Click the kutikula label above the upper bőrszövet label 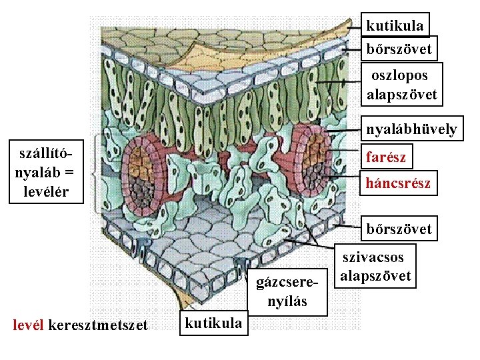coord(395,26)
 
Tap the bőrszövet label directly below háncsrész coord(399,229)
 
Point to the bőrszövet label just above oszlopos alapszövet coord(399,49)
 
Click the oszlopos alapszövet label coord(401,85)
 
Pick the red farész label coord(385,157)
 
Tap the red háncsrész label coord(398,183)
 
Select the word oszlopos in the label coord(400,76)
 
